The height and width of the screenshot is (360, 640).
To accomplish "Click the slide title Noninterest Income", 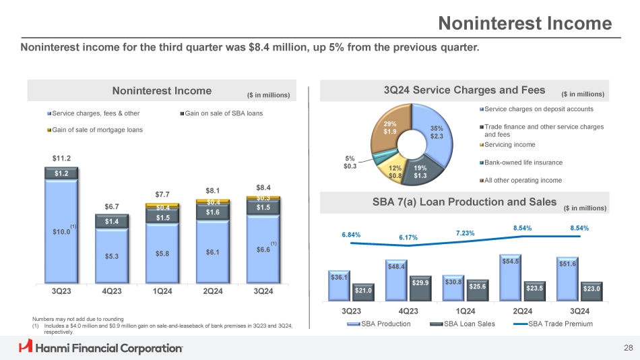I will click(525, 24).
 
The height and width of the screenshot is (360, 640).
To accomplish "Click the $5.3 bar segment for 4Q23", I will click(112, 256).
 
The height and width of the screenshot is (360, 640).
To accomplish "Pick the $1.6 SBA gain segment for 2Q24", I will click(213, 212).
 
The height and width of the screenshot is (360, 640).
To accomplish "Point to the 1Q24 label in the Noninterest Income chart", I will click(162, 291).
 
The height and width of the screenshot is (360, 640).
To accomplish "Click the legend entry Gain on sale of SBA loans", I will click(223, 113).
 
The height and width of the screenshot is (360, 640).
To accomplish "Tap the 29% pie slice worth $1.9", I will click(390, 129).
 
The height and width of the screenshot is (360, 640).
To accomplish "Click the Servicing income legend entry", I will click(509, 145).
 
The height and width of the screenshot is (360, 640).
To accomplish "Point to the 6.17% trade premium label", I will click(408, 237).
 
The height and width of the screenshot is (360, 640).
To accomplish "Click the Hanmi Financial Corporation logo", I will click(101, 348).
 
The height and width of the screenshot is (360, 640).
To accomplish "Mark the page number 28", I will click(628, 348).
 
